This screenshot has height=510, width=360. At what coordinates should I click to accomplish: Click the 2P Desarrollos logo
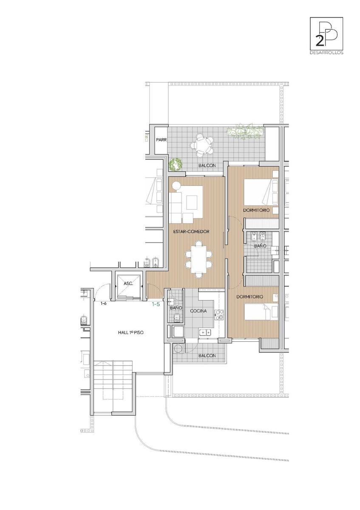(326, 36)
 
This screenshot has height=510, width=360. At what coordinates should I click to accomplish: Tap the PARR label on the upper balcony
(161, 140)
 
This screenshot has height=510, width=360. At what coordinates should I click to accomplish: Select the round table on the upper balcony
(201, 145)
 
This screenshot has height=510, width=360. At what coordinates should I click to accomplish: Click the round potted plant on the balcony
(176, 164)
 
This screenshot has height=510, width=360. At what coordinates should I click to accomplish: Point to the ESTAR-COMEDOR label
(191, 232)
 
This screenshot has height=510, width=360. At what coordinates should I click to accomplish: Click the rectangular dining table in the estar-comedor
(199, 259)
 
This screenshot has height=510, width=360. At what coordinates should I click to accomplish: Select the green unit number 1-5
(156, 304)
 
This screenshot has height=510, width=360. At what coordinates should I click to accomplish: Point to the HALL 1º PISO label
(130, 332)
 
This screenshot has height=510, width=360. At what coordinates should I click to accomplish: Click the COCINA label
(198, 311)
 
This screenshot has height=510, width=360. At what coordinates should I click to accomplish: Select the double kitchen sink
(205, 333)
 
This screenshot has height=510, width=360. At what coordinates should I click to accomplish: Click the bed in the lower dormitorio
(261, 312)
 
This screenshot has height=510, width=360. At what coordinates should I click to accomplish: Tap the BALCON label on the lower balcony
(207, 355)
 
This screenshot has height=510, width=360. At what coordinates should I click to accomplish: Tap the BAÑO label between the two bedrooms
(260, 246)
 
